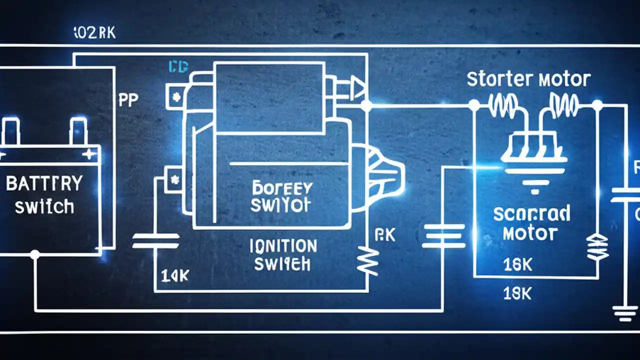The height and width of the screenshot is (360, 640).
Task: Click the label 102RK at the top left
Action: click(x=94, y=33)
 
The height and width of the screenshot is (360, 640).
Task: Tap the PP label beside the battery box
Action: click(x=128, y=100)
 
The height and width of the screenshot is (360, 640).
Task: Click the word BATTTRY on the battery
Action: click(x=44, y=183)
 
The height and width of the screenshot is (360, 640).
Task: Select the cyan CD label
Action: click(x=178, y=67)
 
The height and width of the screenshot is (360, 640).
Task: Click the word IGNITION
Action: click(x=282, y=246)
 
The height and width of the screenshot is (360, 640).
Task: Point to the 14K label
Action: click(x=174, y=275)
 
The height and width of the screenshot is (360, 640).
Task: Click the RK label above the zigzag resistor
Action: click(x=384, y=235)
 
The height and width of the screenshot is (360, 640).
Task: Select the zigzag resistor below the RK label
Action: click(x=367, y=261)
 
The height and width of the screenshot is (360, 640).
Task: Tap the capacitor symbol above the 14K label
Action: click(x=155, y=240)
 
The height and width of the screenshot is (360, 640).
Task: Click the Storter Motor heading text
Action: click(x=528, y=79)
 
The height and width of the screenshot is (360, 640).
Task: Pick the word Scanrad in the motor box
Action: click(x=531, y=214)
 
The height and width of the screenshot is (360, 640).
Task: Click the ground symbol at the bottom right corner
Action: click(x=625, y=313)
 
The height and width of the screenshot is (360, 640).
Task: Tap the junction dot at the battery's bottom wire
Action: click(x=34, y=254)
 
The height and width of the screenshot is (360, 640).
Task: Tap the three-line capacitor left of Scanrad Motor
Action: click(x=443, y=235)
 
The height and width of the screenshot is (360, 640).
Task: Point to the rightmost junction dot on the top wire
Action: click(x=597, y=105)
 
